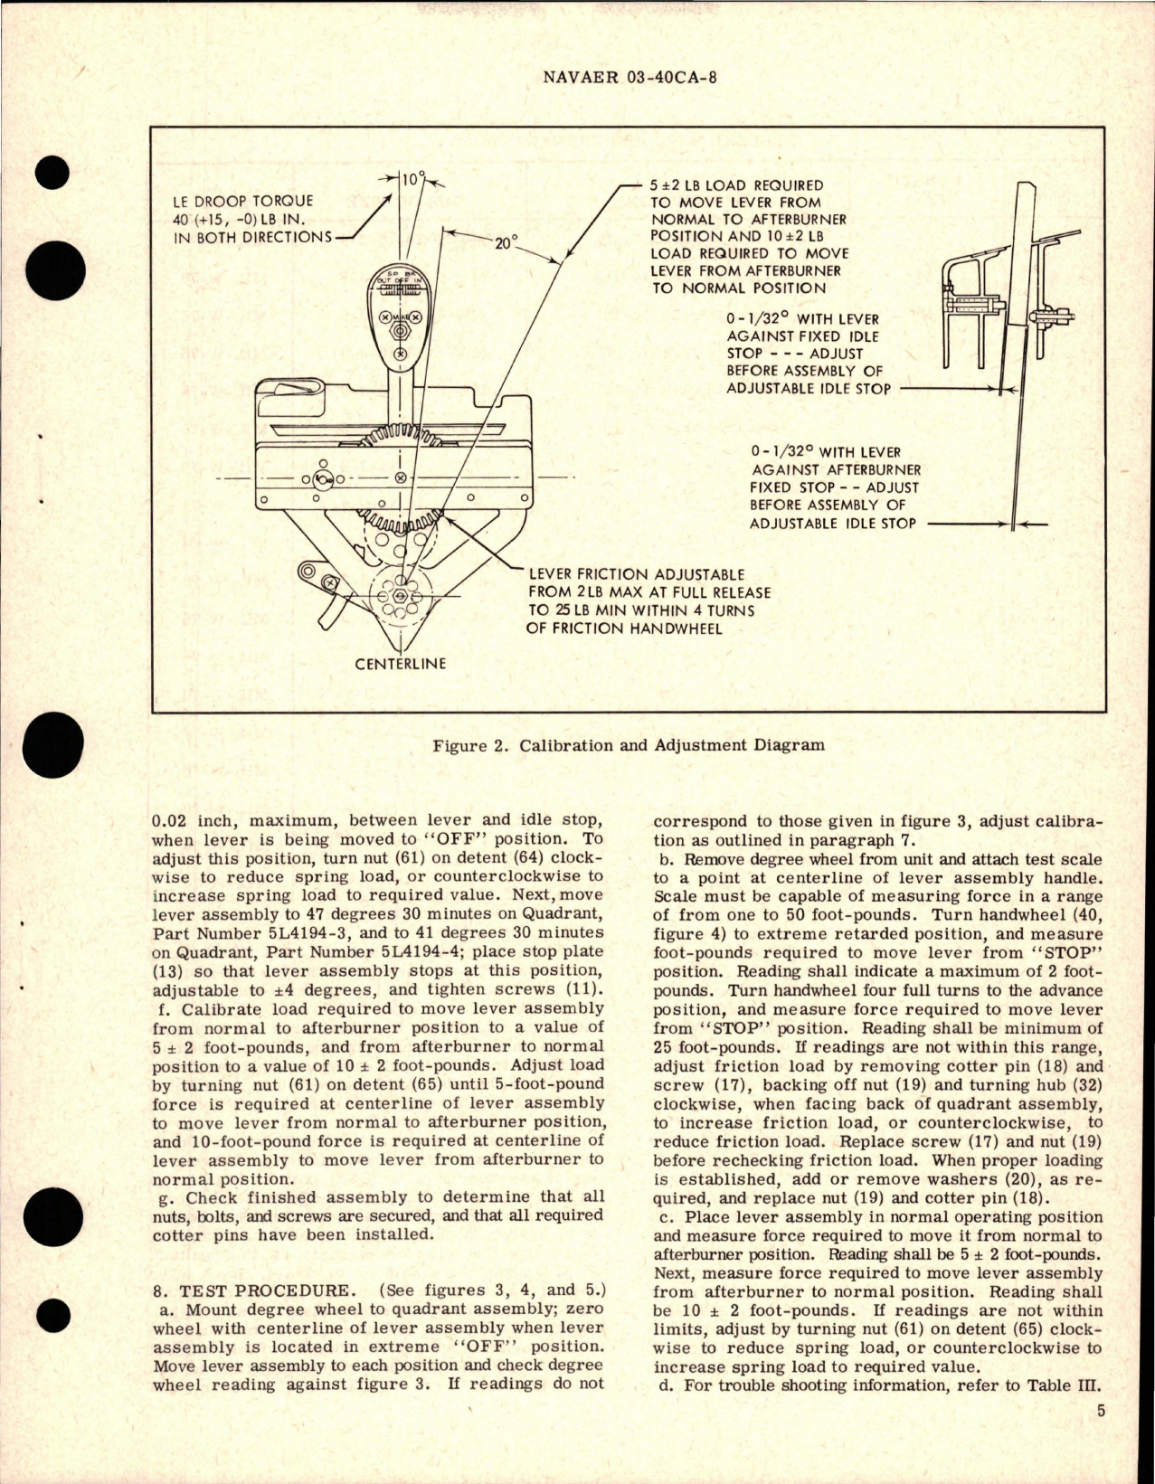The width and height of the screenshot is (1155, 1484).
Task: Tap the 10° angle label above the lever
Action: click(412, 180)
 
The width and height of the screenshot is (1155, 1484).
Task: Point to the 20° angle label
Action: click(505, 242)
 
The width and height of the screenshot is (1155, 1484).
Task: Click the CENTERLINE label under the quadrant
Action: click(400, 664)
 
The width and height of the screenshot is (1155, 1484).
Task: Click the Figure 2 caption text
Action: click(629, 746)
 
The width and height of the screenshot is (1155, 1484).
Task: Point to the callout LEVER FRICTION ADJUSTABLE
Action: click(637, 574)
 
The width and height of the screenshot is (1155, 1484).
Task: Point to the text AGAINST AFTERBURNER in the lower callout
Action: click(836, 470)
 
